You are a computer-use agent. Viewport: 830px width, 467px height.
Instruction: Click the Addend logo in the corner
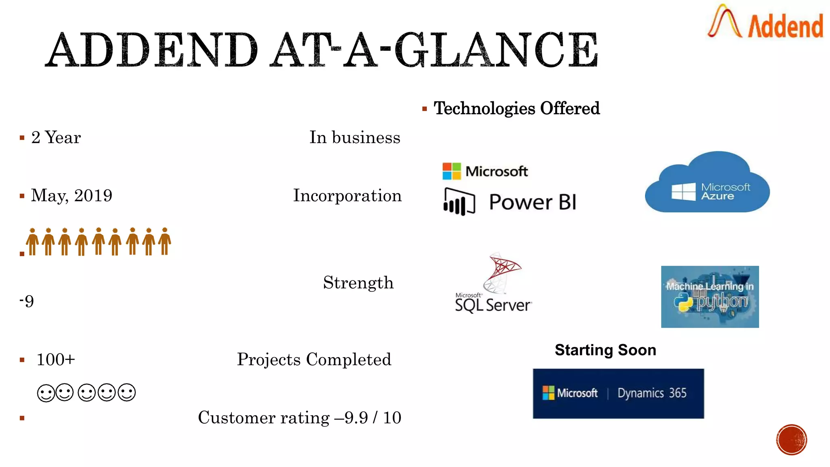(765, 22)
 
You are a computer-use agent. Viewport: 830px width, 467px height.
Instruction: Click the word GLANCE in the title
(496, 50)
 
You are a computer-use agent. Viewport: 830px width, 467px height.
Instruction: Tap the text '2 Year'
(56, 138)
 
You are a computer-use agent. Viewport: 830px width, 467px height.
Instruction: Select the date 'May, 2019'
(72, 196)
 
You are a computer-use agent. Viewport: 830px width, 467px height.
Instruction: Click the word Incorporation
(347, 196)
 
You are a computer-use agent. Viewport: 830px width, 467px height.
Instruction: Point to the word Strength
(358, 283)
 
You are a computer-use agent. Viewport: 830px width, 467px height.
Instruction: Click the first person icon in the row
(32, 242)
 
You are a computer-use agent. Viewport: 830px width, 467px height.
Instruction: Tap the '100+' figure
(56, 360)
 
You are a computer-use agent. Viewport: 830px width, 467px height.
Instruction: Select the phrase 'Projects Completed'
(314, 360)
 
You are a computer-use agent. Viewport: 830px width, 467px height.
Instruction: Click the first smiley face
(46, 393)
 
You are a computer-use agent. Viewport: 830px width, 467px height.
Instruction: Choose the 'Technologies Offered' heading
(516, 109)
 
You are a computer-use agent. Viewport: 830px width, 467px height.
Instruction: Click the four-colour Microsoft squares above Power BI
(451, 171)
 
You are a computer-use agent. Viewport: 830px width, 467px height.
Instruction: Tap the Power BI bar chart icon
(459, 201)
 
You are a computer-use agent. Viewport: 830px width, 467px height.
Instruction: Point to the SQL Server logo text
(493, 305)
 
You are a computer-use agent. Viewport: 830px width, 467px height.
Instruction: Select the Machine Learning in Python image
(710, 297)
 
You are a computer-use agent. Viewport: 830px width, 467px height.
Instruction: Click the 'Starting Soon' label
(605, 350)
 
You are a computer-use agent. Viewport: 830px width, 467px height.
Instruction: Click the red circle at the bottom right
(791, 440)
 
